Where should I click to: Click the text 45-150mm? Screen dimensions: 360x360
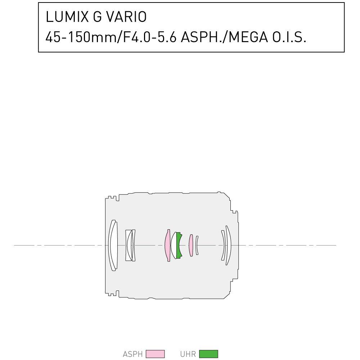point(81,37)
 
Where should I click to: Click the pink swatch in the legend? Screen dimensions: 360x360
point(155,354)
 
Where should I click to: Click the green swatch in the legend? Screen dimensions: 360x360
point(208,354)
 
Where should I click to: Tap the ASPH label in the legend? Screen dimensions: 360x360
point(133,354)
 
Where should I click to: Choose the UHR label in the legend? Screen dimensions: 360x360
point(188,354)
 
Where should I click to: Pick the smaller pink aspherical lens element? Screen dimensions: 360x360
point(191,246)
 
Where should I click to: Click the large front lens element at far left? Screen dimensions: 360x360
point(113,246)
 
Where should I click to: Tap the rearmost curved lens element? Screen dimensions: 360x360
point(228,246)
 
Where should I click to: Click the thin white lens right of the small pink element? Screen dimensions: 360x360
point(197,246)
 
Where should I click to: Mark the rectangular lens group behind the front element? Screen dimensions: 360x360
point(130,246)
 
